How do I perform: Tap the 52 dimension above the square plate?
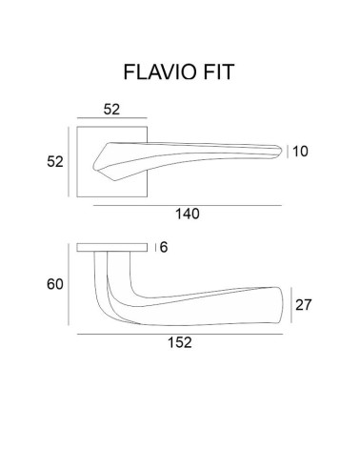pyautogui.click(x=111, y=110)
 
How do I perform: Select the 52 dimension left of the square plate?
pyautogui.click(x=55, y=162)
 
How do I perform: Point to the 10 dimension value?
pyautogui.click(x=300, y=152)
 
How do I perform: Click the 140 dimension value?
pyautogui.click(x=188, y=214)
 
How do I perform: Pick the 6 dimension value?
pyautogui.click(x=164, y=247)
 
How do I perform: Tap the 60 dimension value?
pyautogui.click(x=55, y=284)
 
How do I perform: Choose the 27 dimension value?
pyautogui.click(x=304, y=305)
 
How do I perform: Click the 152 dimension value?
pyautogui.click(x=180, y=342)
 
